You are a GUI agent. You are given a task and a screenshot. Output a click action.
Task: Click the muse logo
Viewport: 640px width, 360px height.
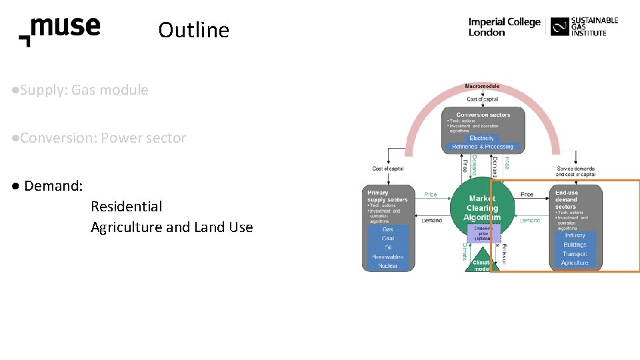pos(60,30)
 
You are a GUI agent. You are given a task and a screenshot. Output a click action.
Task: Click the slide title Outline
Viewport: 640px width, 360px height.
pos(194,31)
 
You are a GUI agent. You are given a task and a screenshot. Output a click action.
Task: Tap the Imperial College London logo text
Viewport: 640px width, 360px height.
pos(504,27)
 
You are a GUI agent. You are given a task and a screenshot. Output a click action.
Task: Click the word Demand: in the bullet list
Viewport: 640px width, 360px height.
pos(53,186)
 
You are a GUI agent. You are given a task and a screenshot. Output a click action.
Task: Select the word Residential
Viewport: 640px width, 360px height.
pos(127,207)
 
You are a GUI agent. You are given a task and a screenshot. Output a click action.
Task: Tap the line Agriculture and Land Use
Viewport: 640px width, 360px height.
pos(172,227)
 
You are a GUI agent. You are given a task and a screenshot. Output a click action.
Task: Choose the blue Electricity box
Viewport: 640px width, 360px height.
pos(482,138)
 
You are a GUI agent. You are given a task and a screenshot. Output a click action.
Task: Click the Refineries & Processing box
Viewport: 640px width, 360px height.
pos(483,147)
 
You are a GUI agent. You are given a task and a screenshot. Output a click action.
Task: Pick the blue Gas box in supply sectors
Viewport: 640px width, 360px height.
pos(388,229)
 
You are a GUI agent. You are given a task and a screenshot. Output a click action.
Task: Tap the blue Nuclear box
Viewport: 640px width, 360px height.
pos(388,266)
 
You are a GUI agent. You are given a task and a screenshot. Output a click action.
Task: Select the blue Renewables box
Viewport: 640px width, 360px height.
pos(388,257)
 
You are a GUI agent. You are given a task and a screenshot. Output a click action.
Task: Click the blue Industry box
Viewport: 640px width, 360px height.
pos(575,235)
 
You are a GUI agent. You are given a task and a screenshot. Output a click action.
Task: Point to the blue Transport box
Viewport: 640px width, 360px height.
pos(575,254)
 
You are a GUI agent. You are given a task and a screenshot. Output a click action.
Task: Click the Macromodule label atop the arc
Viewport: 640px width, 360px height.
pos(482,87)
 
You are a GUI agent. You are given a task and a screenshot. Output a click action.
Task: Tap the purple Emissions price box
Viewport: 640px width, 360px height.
pos(482,233)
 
